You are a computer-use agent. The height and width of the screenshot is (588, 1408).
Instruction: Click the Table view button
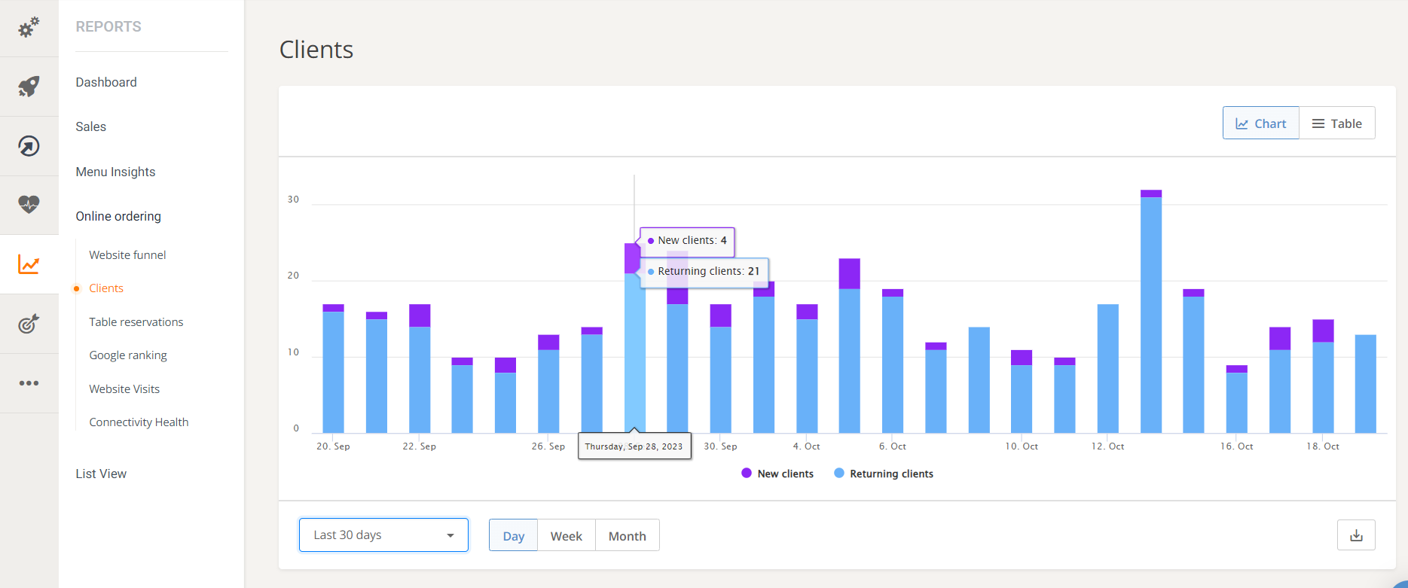click(x=1336, y=123)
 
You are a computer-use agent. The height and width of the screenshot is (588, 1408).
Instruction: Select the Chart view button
click(x=1260, y=123)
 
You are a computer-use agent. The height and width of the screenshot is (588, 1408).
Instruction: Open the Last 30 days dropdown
click(x=383, y=535)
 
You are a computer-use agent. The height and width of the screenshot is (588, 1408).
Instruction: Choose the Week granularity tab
click(x=566, y=536)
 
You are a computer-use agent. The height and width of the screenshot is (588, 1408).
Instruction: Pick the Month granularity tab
click(x=627, y=536)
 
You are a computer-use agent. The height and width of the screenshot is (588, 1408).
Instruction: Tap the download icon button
click(x=1356, y=535)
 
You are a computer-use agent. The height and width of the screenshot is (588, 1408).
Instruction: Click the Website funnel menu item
click(x=127, y=255)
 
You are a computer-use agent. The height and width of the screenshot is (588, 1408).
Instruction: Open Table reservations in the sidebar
click(x=136, y=322)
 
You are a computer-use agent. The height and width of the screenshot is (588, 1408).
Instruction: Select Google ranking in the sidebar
click(x=128, y=355)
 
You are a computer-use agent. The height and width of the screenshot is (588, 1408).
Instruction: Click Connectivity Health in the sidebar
click(x=139, y=422)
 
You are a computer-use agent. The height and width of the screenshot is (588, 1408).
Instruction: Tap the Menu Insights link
click(x=115, y=172)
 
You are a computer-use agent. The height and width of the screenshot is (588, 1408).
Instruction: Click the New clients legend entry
click(x=777, y=474)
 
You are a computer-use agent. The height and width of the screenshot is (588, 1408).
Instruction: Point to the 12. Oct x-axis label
click(x=1107, y=446)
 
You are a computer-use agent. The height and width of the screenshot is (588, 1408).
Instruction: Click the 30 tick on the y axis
click(x=293, y=200)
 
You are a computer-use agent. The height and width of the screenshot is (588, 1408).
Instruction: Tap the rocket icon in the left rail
click(x=29, y=87)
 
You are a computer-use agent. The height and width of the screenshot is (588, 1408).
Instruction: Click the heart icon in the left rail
click(x=29, y=205)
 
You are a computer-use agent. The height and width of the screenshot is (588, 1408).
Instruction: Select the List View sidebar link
click(x=101, y=474)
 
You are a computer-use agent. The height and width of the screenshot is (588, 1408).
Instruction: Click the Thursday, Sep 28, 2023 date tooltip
click(x=634, y=446)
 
